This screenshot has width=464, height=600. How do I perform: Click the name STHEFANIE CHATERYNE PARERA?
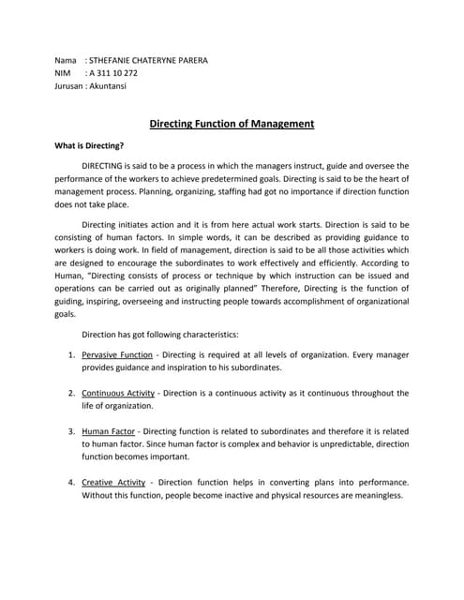(148, 60)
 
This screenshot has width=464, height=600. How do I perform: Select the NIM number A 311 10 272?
(113, 72)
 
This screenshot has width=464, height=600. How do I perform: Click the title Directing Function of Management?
(232, 123)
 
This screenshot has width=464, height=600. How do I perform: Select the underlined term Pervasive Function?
(117, 356)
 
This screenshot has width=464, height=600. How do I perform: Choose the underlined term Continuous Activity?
(119, 393)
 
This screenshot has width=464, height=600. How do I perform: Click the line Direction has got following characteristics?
(160, 334)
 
